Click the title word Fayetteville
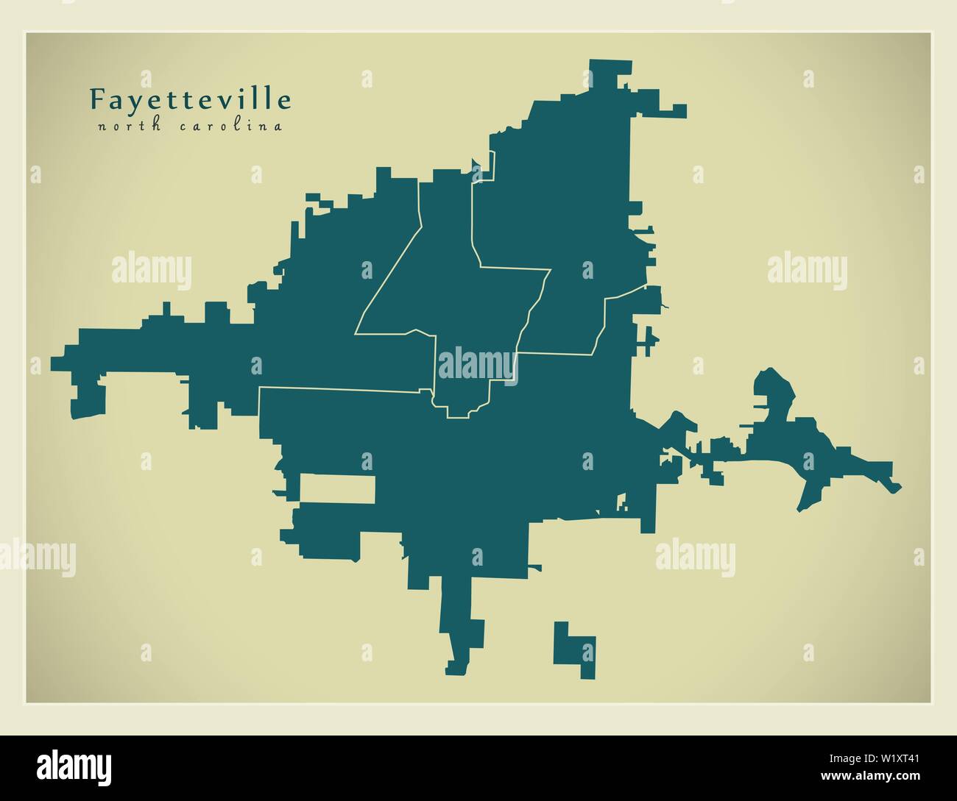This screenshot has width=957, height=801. [190, 99]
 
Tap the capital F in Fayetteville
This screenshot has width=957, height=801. [96, 99]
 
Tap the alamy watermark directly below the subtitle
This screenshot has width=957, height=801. [151, 269]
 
